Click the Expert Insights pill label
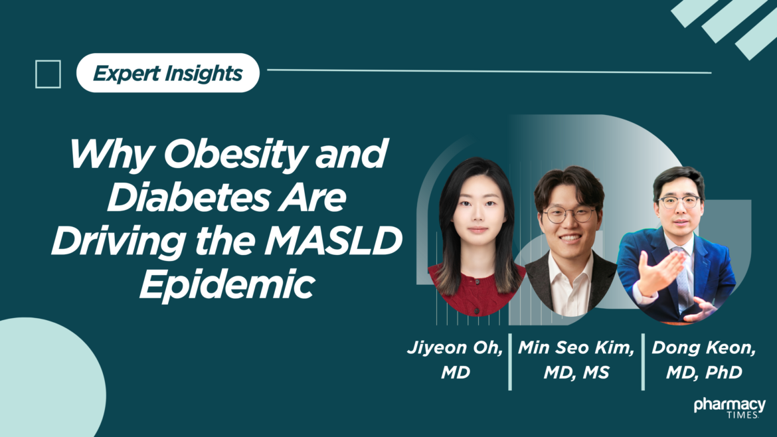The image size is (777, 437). coord(168,73)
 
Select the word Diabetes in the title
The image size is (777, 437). coord(189,197)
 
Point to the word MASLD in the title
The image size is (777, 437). coord(333,241)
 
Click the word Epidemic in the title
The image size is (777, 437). coord(227,284)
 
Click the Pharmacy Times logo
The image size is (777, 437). coord(729,407)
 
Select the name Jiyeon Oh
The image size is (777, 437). coord(455,347)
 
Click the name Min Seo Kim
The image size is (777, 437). coord(576,347)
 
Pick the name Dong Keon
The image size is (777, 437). coord(704,347)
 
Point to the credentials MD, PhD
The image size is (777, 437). coord(704,372)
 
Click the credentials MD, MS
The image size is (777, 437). coord(576,372)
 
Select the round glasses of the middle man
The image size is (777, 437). coord(569,215)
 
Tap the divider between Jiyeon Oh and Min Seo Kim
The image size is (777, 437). coord(510,362)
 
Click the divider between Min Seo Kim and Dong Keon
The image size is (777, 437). coord(643,362)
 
